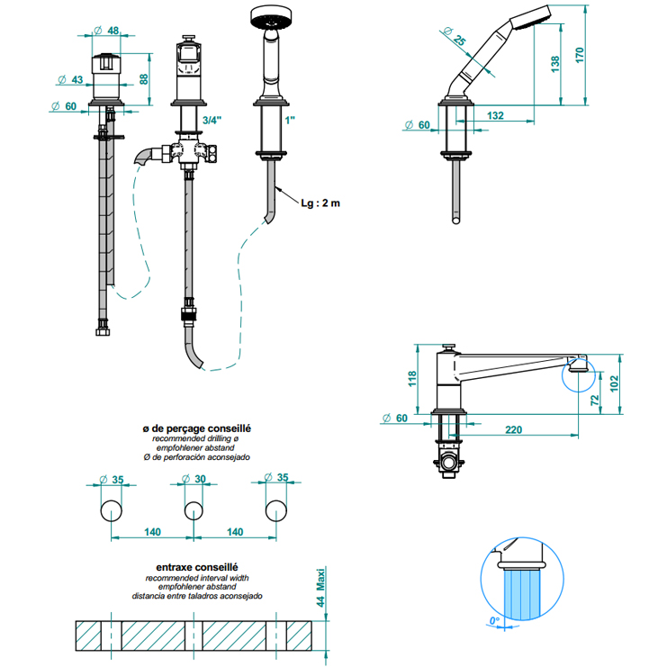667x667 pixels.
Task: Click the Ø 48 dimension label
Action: (x=106, y=31)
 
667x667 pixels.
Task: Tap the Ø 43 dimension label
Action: (x=70, y=79)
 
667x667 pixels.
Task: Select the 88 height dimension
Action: (x=144, y=79)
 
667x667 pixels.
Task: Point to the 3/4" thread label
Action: (x=212, y=121)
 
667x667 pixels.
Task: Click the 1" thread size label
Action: (x=290, y=121)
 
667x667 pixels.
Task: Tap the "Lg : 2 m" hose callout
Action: (x=320, y=203)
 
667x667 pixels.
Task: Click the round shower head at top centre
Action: (x=270, y=17)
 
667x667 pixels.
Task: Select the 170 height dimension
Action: (x=579, y=56)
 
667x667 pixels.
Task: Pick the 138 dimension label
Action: (x=555, y=64)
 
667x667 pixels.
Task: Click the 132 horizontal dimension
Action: (x=495, y=115)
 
